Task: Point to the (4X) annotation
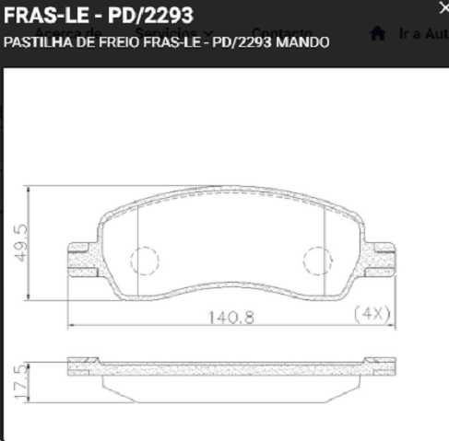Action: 373,313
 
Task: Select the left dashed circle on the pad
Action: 145,261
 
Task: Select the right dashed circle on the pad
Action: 317,261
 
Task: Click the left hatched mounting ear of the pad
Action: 84,259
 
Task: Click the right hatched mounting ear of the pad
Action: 379,259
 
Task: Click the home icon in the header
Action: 376,33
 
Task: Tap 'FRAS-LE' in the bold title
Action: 39,16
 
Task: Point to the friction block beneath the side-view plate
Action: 230,385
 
